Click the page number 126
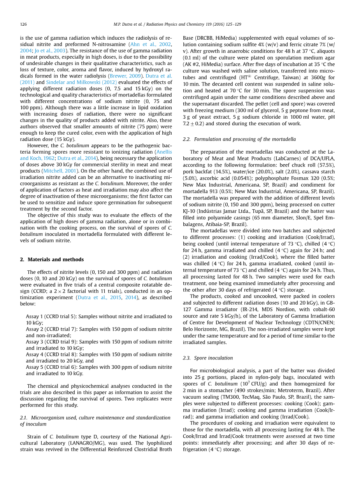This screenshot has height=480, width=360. tap(23, 24)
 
